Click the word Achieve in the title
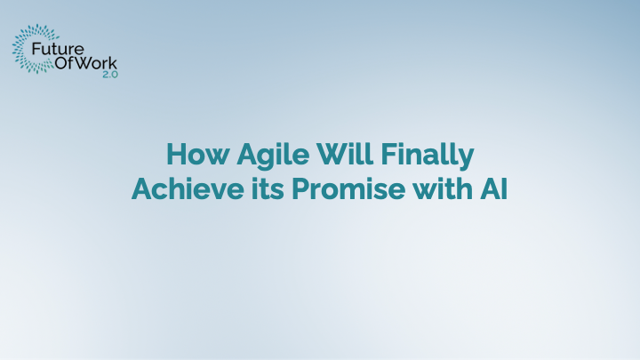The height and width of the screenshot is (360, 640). pos(175,188)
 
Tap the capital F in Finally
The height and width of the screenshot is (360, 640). pos(388,156)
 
